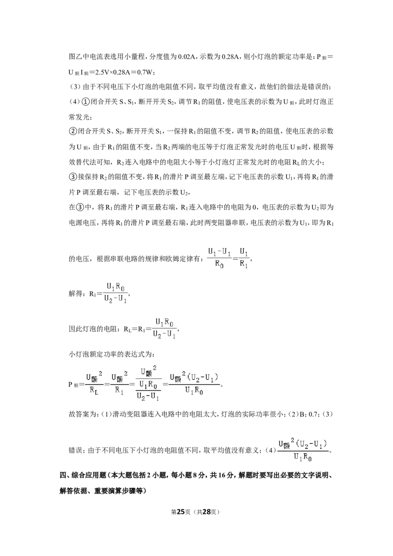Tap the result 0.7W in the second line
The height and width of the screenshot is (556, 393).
[146, 72]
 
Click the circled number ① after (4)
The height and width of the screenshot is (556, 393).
[86, 102]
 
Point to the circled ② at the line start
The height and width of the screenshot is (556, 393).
[72, 132]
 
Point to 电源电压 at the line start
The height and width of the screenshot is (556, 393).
[82, 223]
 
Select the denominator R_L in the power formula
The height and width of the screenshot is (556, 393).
[94, 391]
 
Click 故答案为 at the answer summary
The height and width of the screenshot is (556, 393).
[83, 414]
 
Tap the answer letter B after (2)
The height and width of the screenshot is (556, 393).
[302, 414]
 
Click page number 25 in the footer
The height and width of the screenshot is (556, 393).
[181, 512]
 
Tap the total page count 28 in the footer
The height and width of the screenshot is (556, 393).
[207, 512]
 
